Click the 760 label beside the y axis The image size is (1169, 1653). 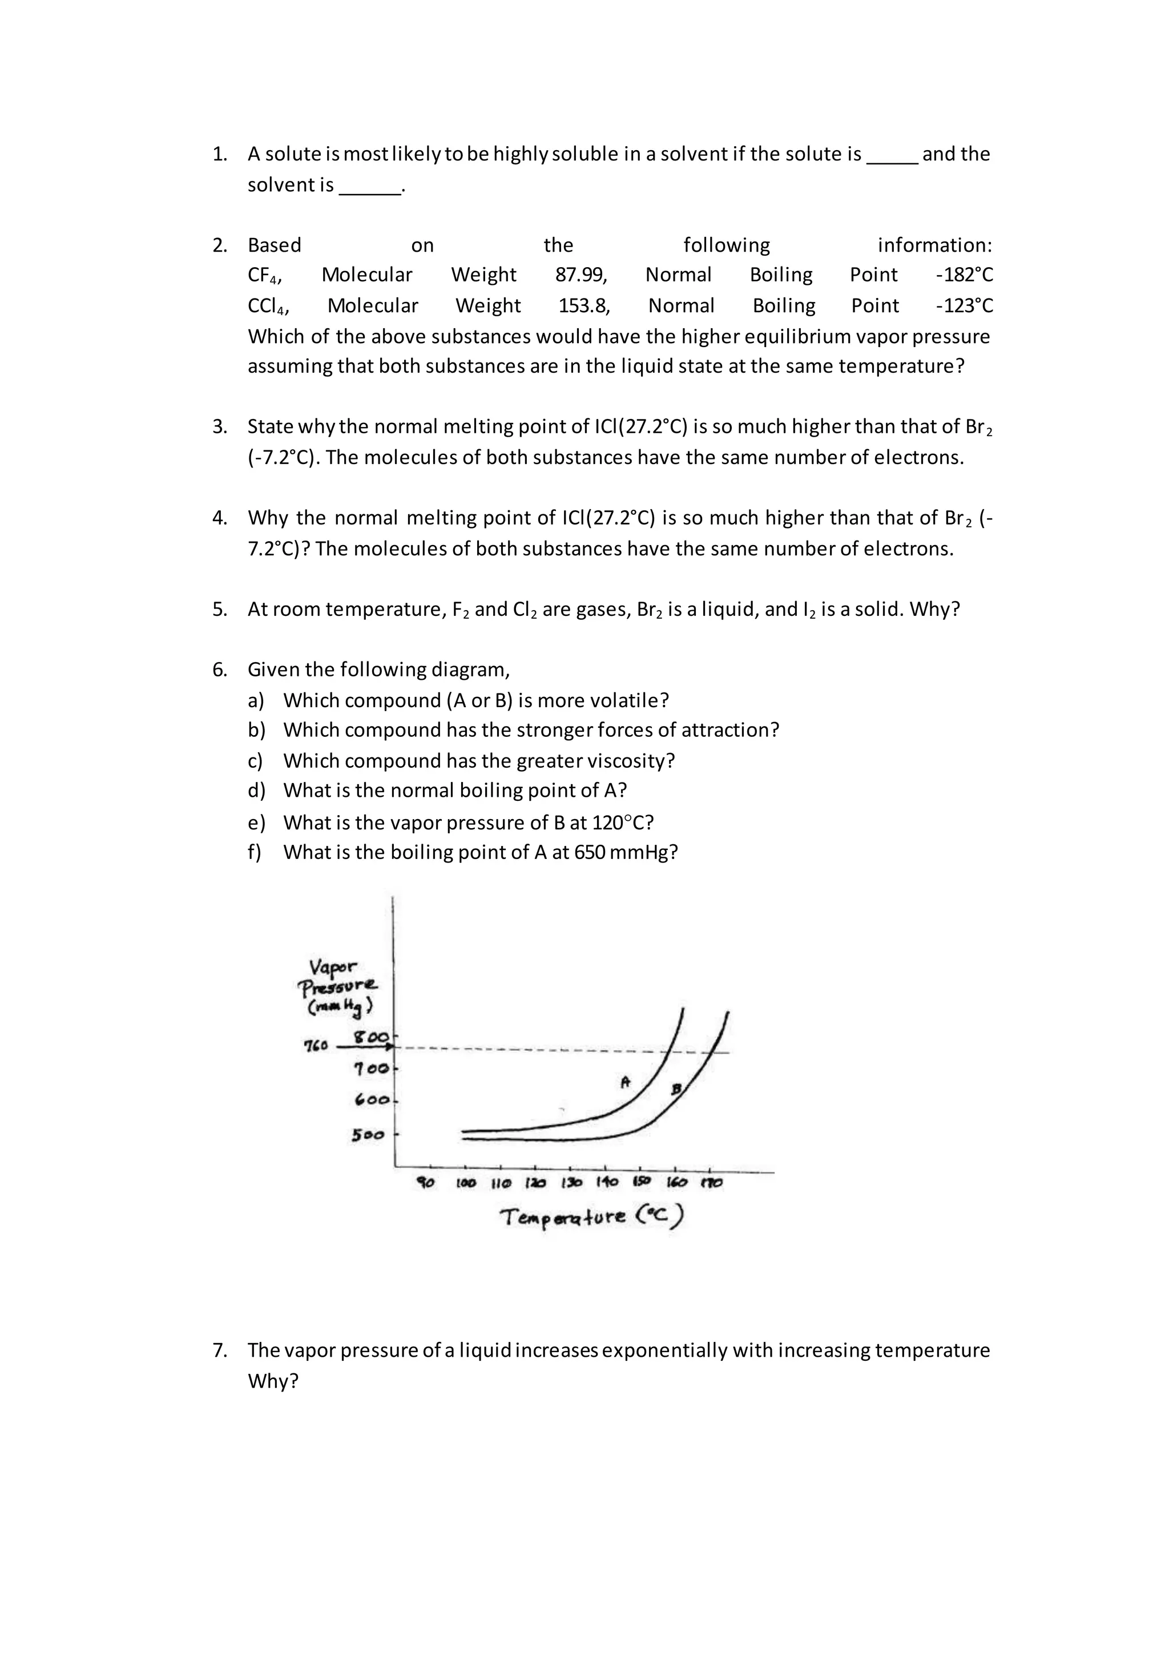coord(315,1045)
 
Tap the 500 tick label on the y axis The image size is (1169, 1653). coord(368,1135)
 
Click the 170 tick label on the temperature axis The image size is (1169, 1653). coord(712,1183)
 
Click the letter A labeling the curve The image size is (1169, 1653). coord(625,1082)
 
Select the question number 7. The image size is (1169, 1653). coord(220,1350)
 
